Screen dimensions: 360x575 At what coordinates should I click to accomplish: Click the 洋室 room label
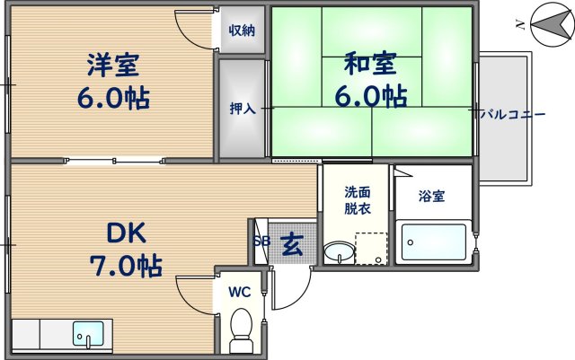click(x=113, y=65)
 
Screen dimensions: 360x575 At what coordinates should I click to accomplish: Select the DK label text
click(x=127, y=233)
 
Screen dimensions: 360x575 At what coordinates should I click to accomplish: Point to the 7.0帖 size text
click(x=127, y=266)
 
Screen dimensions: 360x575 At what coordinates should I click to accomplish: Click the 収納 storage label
click(x=241, y=30)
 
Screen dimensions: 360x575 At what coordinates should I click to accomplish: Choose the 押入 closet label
click(x=243, y=109)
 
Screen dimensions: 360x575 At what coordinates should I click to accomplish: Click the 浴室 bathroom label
click(x=432, y=196)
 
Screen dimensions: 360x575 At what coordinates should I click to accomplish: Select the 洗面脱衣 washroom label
click(x=357, y=200)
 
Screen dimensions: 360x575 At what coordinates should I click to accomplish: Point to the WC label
click(x=239, y=292)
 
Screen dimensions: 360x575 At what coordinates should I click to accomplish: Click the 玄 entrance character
click(x=292, y=244)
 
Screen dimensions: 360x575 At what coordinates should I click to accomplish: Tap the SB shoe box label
click(x=261, y=241)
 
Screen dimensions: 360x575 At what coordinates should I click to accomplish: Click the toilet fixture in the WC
click(x=241, y=329)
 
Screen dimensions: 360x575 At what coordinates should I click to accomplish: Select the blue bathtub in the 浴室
click(x=434, y=242)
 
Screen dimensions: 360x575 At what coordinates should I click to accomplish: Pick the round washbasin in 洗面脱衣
click(x=338, y=250)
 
